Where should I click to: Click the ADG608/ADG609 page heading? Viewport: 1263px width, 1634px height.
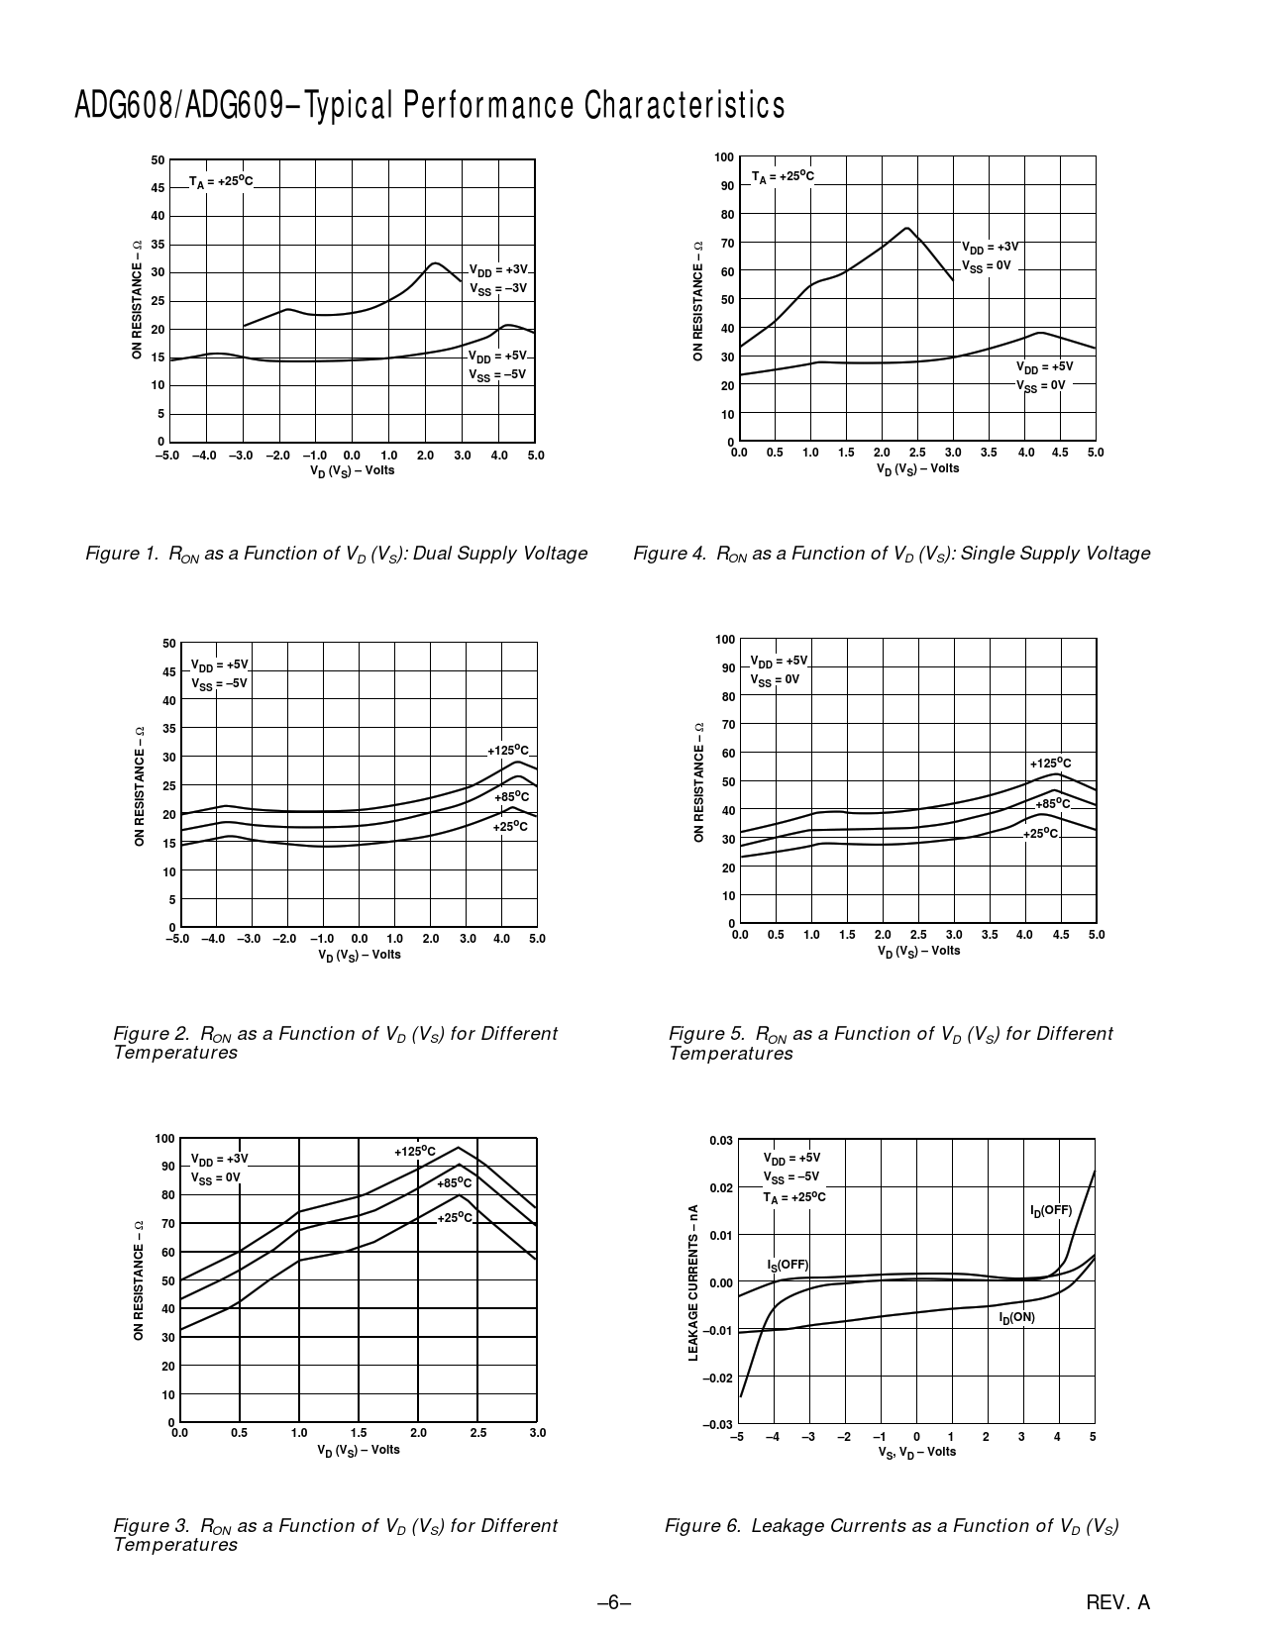(430, 105)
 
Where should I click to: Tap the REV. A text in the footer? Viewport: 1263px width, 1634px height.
(1117, 1602)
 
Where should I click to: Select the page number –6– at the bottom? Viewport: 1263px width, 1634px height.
(614, 1602)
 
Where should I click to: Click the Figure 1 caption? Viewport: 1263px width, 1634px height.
(337, 554)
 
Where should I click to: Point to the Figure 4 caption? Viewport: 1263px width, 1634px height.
(892, 554)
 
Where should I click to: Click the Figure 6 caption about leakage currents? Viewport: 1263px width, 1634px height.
(892, 1526)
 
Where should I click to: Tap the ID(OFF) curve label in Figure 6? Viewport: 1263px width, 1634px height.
(1051, 1210)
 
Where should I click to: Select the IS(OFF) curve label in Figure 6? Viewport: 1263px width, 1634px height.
(788, 1265)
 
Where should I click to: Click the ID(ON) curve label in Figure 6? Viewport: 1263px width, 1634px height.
(1016, 1318)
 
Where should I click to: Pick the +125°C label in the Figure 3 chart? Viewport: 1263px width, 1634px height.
(415, 1151)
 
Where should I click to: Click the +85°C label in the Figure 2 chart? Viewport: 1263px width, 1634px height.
(511, 796)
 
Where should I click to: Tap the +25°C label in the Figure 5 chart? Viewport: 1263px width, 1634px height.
(1041, 834)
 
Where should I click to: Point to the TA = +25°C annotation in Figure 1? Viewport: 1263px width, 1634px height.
(221, 181)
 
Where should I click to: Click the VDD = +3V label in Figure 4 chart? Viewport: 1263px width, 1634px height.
(990, 247)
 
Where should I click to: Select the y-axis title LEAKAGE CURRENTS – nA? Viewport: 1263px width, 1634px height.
(693, 1281)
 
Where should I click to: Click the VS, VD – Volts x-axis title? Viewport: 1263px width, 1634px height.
(915, 1452)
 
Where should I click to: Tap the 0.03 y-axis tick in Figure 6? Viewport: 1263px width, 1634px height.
(720, 1141)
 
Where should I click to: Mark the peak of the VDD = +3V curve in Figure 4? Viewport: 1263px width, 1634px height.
(906, 228)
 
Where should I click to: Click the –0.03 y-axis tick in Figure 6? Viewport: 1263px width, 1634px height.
(717, 1424)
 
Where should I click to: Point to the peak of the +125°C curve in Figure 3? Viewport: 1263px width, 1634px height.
(458, 1148)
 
